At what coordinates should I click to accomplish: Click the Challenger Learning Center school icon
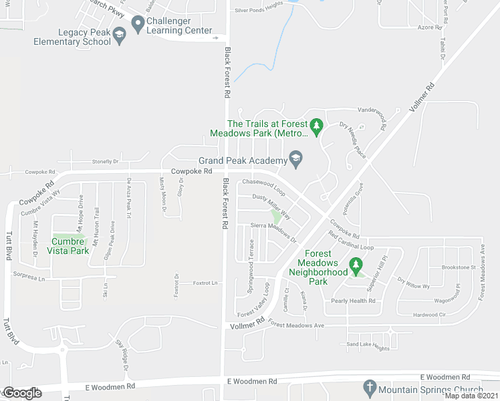click(x=138, y=25)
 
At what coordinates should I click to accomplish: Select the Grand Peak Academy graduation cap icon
click(x=295, y=159)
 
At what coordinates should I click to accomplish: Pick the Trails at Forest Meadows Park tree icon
click(x=318, y=125)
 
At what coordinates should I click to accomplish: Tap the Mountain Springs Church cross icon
click(x=368, y=388)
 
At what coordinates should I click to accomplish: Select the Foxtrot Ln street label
click(x=205, y=283)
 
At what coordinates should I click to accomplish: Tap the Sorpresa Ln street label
click(x=31, y=275)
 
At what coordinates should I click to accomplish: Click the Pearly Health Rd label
click(x=353, y=301)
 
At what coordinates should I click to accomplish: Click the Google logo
click(x=21, y=393)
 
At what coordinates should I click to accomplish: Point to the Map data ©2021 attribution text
click(x=472, y=396)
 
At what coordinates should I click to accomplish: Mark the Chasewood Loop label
click(x=263, y=186)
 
